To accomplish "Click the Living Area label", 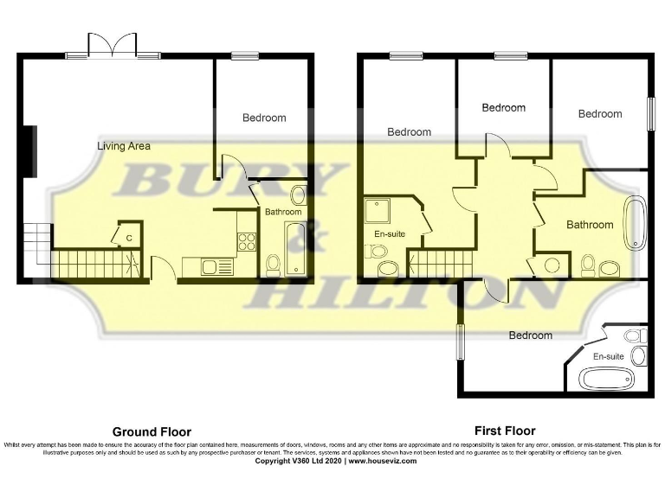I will tap(123, 146).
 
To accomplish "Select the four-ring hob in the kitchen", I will tap(247, 241).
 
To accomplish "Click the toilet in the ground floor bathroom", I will tap(273, 263).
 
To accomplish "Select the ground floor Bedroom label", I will tap(263, 118).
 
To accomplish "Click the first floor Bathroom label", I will tap(590, 225).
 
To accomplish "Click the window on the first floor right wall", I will tap(651, 112).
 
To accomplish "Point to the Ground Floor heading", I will tap(152, 431).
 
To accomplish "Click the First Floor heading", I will tap(505, 431).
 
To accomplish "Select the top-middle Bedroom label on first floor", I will tap(503, 108).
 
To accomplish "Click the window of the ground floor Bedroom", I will tap(243, 56).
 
